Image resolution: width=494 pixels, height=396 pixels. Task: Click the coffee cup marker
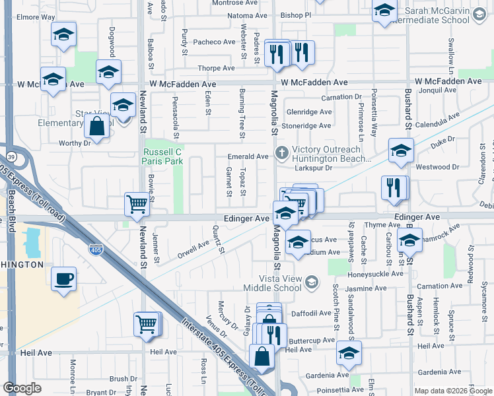[x=63, y=279]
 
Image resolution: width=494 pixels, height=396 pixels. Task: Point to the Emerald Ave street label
[x=248, y=156]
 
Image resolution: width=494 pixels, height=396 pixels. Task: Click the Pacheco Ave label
[x=214, y=42]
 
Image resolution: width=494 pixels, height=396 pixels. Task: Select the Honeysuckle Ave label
[x=376, y=274]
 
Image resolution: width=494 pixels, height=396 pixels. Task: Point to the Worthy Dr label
[x=73, y=143]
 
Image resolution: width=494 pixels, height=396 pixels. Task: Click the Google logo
[x=22, y=388]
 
